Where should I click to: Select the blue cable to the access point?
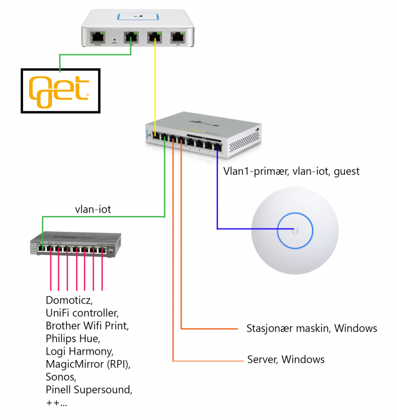(217, 190)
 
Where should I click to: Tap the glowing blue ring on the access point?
(295, 230)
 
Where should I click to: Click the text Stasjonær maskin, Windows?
(312, 328)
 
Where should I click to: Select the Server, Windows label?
(286, 359)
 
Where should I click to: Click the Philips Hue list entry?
(72, 338)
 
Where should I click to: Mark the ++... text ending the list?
(57, 402)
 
